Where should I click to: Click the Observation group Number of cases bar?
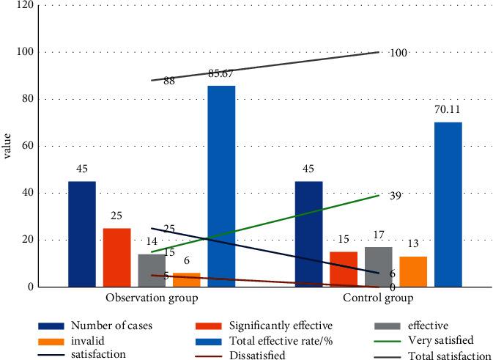coord(82,234)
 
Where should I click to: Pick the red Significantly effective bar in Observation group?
coord(116,257)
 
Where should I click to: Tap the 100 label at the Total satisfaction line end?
coord(399,53)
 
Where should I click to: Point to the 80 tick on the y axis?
coord(27,99)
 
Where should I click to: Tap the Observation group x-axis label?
coord(152,299)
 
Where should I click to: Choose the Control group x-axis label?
coord(378,299)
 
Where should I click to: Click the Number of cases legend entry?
coord(111,325)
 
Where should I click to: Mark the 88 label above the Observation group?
coord(168,82)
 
